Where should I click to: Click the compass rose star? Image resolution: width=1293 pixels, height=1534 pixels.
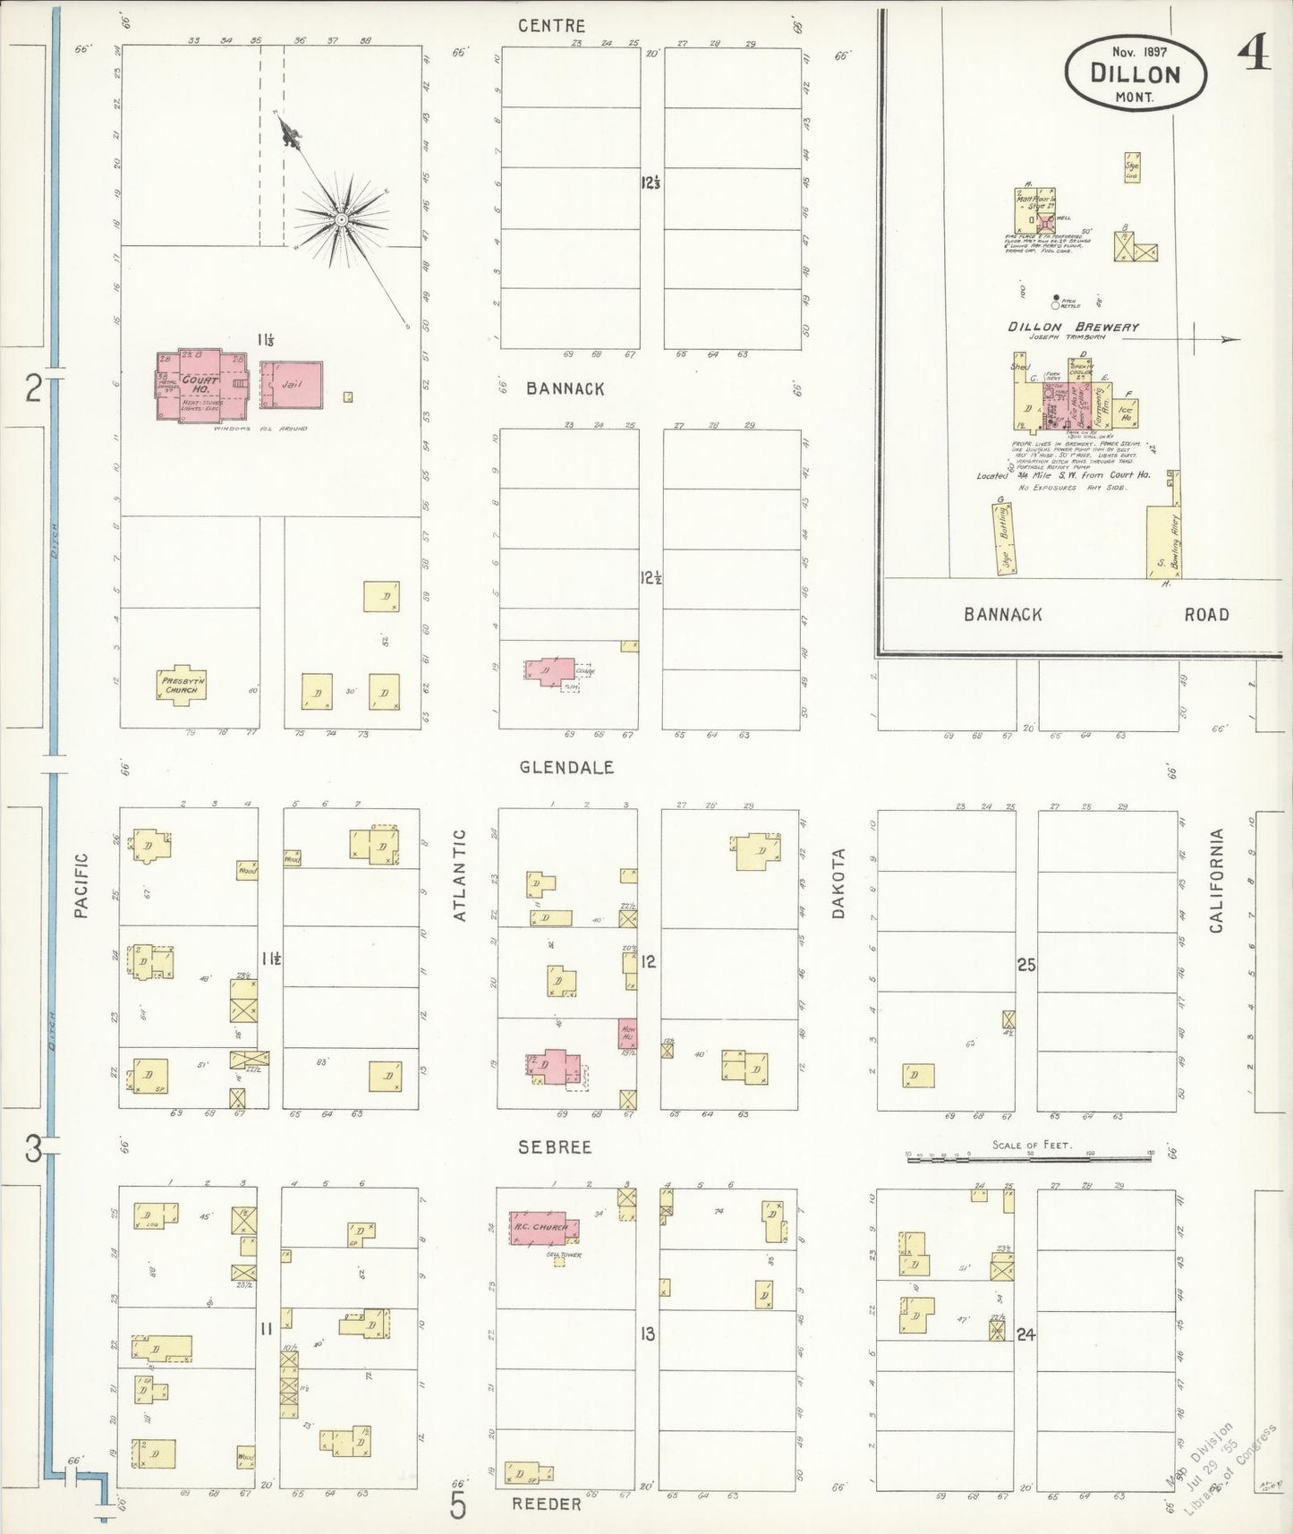pos(341,218)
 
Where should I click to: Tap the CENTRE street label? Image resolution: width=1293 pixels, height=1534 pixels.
pos(552,27)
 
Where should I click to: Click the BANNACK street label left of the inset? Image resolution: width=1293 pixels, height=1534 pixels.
pos(565,388)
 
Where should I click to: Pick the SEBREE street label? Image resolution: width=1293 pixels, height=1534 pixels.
pos(554,1146)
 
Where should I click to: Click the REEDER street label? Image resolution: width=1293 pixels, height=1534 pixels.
pos(547,1504)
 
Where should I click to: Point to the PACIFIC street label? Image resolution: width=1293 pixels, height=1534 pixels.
pos(81,885)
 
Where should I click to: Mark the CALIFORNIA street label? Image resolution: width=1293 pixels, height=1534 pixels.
pos(1216,881)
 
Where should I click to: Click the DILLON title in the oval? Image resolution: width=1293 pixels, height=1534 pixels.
pos(1136,73)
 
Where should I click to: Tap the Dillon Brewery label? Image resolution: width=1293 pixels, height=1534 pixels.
pos(1073,328)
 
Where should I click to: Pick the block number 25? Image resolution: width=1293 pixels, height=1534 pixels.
pos(1025,964)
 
